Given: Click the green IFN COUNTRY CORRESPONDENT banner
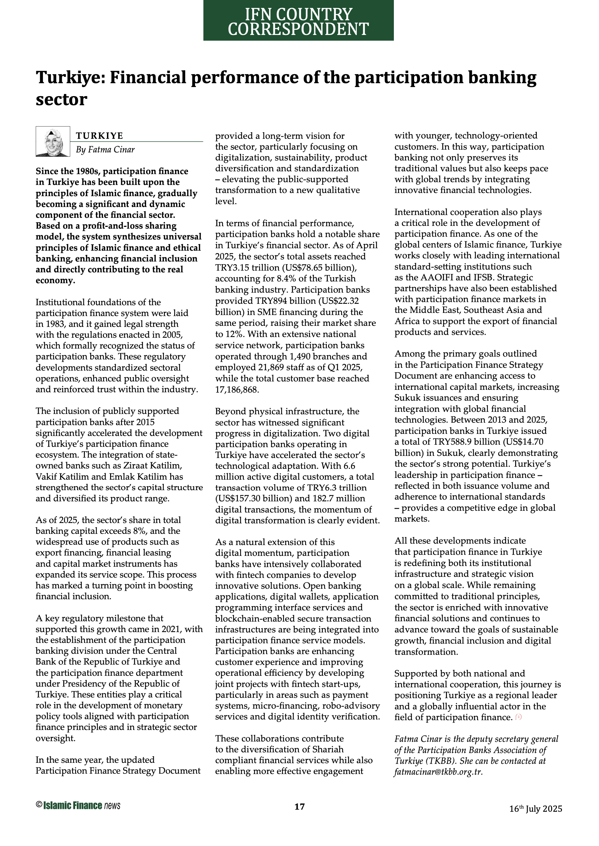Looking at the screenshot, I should coord(298,20).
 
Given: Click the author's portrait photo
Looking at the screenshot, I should coord(53,142).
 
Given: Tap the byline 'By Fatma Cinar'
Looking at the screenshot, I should coord(105,149).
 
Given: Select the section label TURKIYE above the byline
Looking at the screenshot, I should coord(100,136).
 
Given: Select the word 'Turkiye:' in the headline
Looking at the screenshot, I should coord(70,78).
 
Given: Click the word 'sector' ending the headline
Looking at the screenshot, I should coord(61,100).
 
